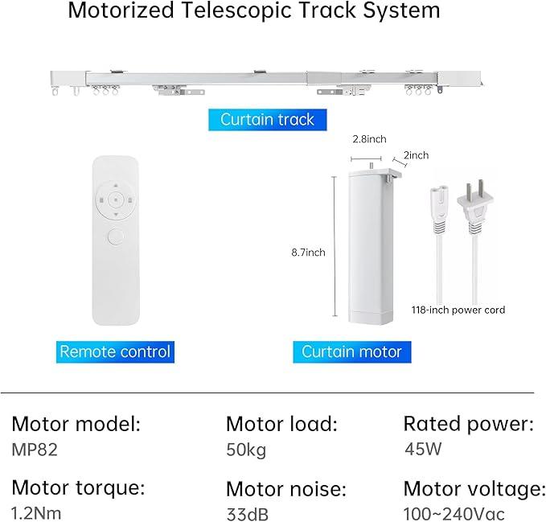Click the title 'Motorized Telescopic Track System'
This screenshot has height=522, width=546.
(x=254, y=12)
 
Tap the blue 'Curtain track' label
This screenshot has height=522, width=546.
(x=267, y=120)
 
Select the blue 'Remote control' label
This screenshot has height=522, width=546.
(x=116, y=351)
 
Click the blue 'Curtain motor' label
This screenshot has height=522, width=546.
(x=351, y=351)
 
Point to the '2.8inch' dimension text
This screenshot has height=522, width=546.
(x=367, y=139)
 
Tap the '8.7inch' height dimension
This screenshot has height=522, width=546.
(x=308, y=252)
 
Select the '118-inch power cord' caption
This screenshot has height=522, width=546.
(x=458, y=310)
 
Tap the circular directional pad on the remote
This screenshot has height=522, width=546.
(x=117, y=198)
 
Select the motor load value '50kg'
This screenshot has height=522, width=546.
(x=246, y=450)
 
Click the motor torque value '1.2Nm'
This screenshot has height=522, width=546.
(x=37, y=512)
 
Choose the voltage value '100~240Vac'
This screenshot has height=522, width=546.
(x=454, y=513)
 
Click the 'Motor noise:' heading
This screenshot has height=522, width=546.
(x=285, y=488)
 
